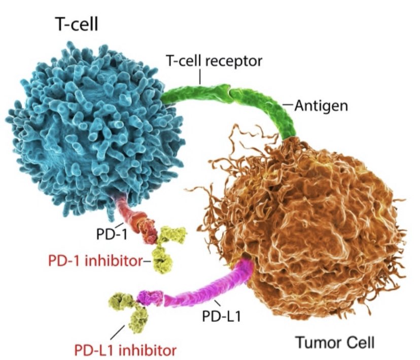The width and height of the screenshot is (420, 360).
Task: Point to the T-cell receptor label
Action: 214,61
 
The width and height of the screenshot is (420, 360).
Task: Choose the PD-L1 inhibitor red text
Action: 125,350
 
